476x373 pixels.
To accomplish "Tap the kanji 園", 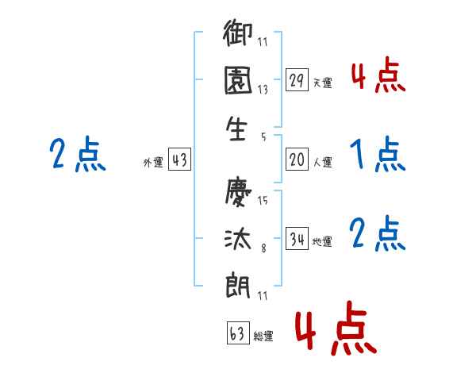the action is tap(239, 82).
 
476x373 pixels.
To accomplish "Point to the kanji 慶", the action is tap(239, 193).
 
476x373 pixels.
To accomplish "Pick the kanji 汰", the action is tap(239, 238).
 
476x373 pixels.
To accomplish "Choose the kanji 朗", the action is tap(239, 283).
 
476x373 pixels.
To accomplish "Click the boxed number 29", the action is tap(297, 81).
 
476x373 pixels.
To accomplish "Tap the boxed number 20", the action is tap(297, 160).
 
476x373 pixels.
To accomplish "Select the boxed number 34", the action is tap(297, 238).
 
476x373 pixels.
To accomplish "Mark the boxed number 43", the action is tap(179, 160).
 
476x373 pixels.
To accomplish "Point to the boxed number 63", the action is tap(237, 333).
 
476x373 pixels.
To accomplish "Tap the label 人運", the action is tap(322, 162).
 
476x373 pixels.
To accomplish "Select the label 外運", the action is tap(153, 162).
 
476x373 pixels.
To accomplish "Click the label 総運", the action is tap(263, 336).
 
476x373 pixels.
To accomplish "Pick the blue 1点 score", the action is tap(377, 154).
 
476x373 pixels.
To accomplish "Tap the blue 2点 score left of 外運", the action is tap(78, 154).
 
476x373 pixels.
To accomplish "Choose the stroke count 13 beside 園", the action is tap(262, 90).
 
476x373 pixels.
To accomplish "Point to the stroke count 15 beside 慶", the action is tap(263, 201).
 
